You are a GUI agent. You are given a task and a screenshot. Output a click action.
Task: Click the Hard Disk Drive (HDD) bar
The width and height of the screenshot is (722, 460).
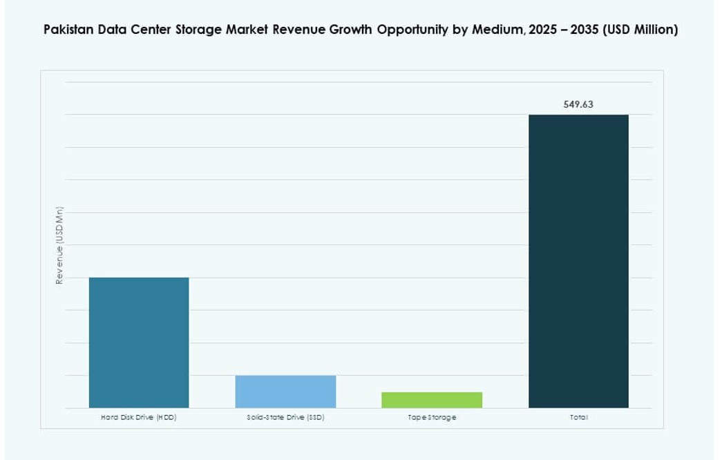(139, 342)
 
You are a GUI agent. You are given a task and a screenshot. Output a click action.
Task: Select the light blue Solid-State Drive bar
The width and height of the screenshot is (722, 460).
(285, 392)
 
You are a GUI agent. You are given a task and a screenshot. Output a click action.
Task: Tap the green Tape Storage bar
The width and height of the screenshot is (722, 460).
(432, 400)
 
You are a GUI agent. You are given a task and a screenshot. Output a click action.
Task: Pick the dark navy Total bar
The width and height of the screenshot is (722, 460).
(578, 261)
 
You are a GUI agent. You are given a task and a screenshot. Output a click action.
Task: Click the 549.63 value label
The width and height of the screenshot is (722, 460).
(578, 105)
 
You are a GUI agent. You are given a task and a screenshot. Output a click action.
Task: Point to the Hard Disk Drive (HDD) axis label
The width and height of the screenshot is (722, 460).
(139, 418)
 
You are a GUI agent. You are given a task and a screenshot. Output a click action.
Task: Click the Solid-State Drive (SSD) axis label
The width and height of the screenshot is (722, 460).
(285, 418)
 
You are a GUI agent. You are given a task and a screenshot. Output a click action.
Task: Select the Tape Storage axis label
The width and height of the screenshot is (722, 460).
(432, 418)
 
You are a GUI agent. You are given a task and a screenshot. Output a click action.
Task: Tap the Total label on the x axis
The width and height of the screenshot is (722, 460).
(578, 418)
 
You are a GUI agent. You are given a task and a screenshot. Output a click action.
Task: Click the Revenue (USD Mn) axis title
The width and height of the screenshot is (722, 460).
(60, 245)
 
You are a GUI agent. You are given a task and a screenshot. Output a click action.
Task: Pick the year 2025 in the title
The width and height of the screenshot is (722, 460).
(543, 30)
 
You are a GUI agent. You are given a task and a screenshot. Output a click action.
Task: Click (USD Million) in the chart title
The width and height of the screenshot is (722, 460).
(642, 30)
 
